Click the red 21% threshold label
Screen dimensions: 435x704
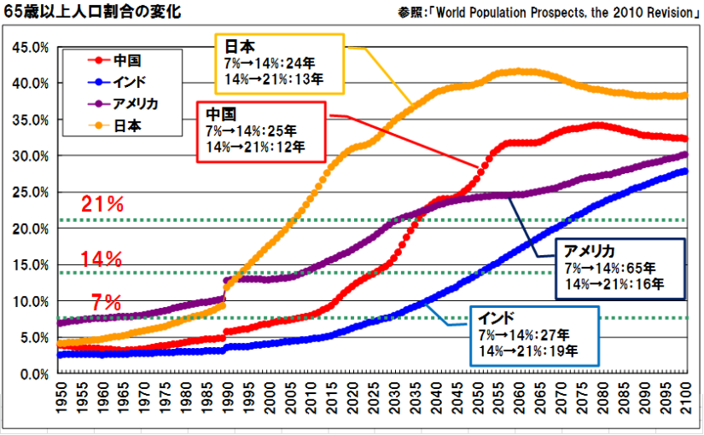point(103,205)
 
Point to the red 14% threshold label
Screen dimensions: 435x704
point(103,258)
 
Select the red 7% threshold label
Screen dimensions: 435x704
point(107,302)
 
